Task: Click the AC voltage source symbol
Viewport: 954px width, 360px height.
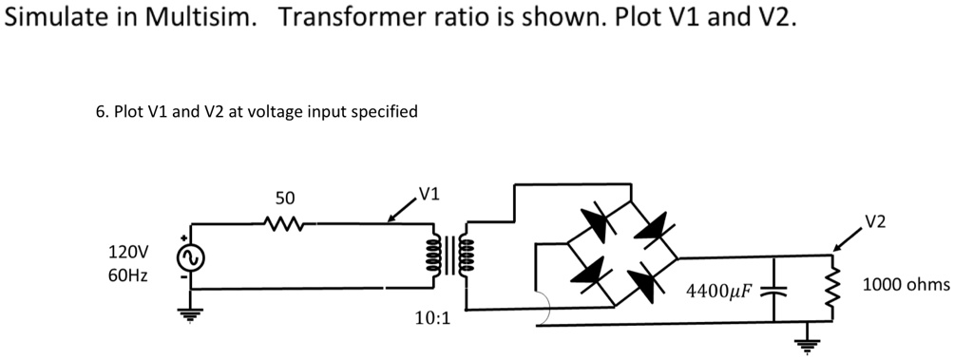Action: [x=187, y=258]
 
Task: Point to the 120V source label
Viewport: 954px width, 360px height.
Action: [x=128, y=253]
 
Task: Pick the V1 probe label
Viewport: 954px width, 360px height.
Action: [x=429, y=196]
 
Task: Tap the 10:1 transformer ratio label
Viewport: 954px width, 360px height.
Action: [x=432, y=317]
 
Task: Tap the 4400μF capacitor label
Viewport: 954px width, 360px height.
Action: [x=719, y=288]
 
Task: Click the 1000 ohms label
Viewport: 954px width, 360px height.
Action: [x=906, y=284]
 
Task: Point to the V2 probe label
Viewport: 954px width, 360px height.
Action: [x=875, y=222]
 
